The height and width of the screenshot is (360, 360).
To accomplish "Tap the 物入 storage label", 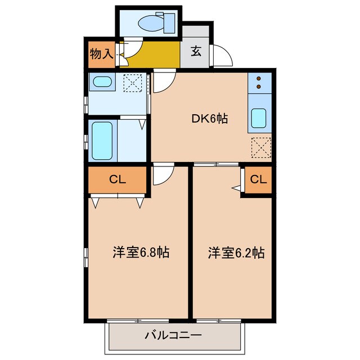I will pos(102,54).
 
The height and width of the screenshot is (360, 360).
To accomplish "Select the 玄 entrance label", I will pos(196,52).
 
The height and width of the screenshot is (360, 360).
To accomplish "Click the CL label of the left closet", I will pos(117,180).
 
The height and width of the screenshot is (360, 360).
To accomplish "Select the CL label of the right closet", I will pos(258,180).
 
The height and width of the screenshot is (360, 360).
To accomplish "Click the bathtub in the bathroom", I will pos(102,141).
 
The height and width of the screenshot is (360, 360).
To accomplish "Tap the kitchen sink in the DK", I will pos(260,119).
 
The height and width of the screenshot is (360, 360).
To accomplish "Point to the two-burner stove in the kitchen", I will pos(259,83).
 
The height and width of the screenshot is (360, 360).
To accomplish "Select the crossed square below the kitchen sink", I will pos(260,147).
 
